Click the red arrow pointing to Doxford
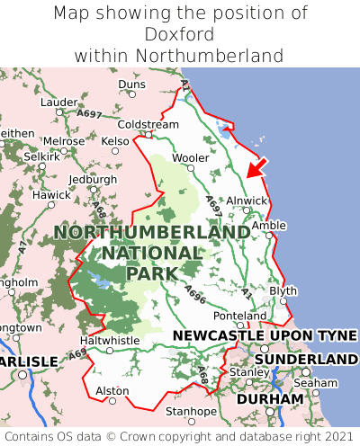(x=257, y=166)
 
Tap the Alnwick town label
(x=247, y=201)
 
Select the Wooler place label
(x=190, y=157)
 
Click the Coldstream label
(x=148, y=124)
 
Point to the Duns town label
(x=131, y=85)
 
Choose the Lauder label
(x=59, y=103)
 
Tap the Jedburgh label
(x=93, y=179)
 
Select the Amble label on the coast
(x=268, y=226)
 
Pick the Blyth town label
(x=283, y=291)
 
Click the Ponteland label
(x=239, y=316)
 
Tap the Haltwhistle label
(x=110, y=341)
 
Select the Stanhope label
(x=190, y=411)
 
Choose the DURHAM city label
(x=269, y=398)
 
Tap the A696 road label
(x=195, y=292)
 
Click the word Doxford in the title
(x=180, y=34)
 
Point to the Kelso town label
(x=115, y=141)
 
